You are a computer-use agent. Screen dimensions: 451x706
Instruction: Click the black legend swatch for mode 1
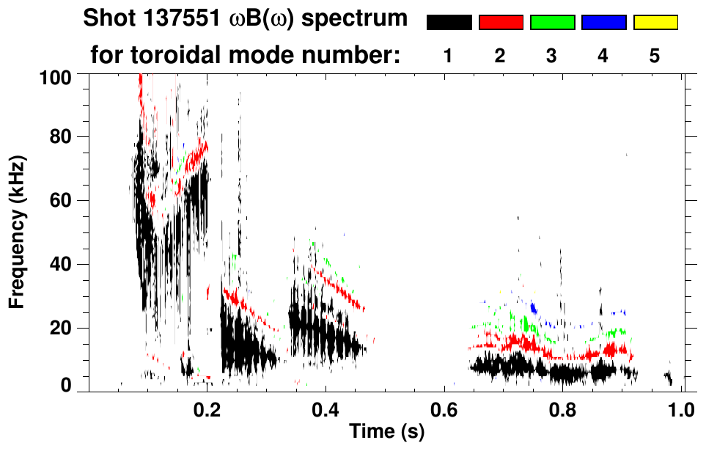point(449,23)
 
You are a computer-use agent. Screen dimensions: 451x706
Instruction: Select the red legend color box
point(501,23)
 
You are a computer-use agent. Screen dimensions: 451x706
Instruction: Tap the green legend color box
point(552,23)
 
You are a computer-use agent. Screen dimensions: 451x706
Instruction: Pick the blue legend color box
point(603,23)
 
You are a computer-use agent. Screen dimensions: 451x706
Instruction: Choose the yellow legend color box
point(655,23)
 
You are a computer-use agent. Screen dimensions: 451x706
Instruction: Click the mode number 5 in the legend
point(655,56)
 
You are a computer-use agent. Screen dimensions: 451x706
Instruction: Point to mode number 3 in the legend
point(551,56)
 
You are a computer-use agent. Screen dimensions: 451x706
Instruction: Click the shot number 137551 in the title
point(163,18)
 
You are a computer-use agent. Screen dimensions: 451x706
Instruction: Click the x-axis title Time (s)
point(386,433)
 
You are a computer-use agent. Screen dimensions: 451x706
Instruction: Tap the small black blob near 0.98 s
point(668,378)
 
